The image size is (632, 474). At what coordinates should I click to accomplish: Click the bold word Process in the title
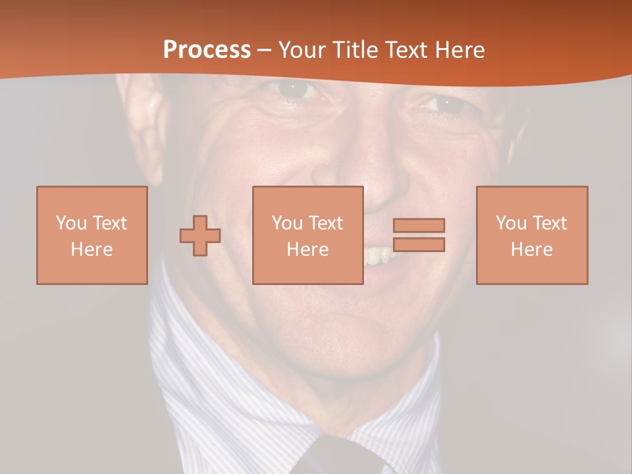[x=207, y=49]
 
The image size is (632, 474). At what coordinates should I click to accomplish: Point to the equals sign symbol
[x=419, y=235]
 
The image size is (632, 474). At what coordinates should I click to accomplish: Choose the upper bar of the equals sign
[x=419, y=225]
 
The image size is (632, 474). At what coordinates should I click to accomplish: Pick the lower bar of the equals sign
[x=419, y=244]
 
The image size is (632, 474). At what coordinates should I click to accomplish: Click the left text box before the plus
[x=92, y=235]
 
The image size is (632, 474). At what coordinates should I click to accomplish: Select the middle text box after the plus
[x=307, y=235]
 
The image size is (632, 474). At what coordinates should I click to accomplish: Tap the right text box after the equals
[x=531, y=235]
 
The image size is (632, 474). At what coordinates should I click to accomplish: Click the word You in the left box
[x=71, y=223]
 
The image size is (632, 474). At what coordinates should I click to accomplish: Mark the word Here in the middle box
[x=307, y=250]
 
